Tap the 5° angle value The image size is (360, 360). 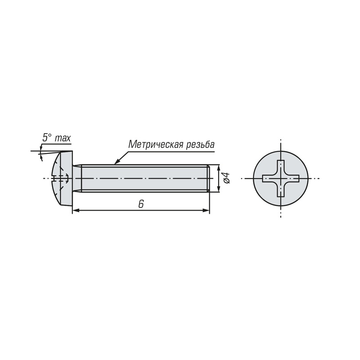(x=47, y=138)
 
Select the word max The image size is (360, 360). (x=63, y=139)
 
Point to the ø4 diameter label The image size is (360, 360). (x=227, y=178)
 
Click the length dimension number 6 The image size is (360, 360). (x=141, y=204)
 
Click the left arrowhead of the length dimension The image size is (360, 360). (x=76, y=210)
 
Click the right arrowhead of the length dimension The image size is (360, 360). (x=206, y=210)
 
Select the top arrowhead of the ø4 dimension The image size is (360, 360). (x=219, y=168)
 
